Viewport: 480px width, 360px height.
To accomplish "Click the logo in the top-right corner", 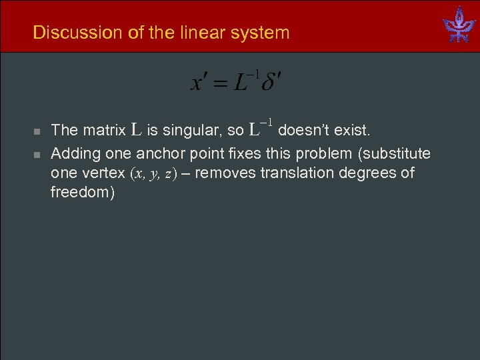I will click(459, 25).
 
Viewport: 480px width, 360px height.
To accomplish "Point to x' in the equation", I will click(201, 83).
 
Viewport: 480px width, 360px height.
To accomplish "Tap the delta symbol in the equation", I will click(271, 83).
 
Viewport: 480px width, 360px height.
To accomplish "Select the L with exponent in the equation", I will click(245, 82).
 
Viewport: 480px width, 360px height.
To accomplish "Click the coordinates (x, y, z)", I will click(153, 174).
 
